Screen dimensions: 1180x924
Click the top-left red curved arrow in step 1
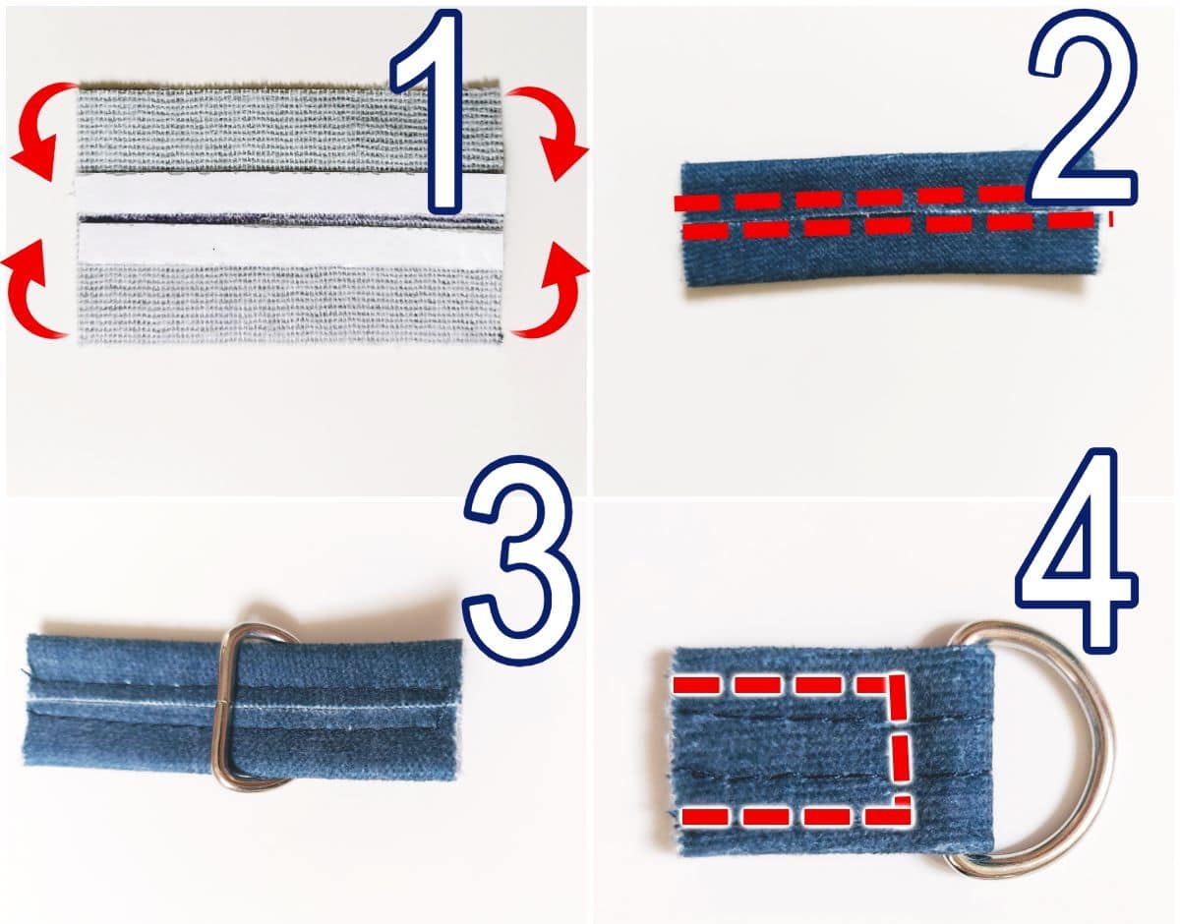(32, 125)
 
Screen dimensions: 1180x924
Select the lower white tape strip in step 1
(290, 245)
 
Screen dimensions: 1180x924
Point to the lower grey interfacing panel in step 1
(290, 304)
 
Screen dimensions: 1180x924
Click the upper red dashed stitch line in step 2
(850, 198)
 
